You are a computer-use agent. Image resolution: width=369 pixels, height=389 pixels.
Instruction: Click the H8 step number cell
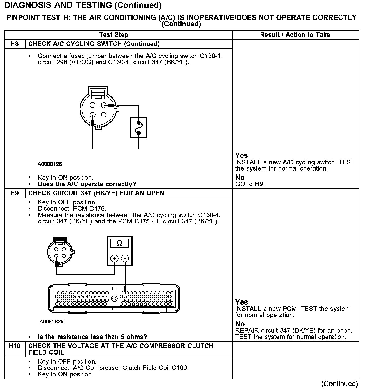click(15, 44)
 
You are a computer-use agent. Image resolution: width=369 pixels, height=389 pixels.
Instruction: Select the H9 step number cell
click(15, 193)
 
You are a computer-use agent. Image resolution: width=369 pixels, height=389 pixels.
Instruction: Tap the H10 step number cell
click(15, 346)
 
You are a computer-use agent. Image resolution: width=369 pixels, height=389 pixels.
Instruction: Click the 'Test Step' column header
click(114, 35)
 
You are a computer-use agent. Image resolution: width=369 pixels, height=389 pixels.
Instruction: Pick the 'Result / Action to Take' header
click(295, 35)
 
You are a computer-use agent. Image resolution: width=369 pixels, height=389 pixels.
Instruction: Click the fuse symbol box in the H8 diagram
click(139, 128)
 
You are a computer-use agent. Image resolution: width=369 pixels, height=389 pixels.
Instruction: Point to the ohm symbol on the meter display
click(120, 243)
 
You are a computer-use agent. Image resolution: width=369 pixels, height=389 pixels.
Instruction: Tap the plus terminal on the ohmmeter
click(115, 258)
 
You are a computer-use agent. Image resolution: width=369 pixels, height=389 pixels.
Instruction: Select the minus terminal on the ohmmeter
click(125, 258)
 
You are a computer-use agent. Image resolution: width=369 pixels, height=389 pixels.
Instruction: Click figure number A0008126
click(50, 164)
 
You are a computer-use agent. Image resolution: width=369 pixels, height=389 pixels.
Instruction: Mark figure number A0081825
click(51, 322)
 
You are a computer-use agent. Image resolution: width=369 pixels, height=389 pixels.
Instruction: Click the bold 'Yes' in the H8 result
click(241, 155)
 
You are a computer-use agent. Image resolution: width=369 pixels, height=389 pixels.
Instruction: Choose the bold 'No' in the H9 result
click(240, 324)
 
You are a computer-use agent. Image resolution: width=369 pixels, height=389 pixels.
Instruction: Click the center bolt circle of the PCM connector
click(114, 298)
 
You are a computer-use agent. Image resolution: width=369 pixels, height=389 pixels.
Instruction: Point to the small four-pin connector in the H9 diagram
click(61, 252)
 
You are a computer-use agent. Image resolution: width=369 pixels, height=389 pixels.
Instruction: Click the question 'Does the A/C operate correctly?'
click(87, 184)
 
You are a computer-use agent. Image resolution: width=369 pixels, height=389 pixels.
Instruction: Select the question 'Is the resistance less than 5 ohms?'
click(92, 337)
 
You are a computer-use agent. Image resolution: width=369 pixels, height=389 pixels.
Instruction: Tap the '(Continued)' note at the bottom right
click(339, 384)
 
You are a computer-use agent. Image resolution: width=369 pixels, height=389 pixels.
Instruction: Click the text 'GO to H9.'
click(250, 184)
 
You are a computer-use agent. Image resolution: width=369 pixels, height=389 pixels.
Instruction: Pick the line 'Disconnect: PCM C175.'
click(72, 209)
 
